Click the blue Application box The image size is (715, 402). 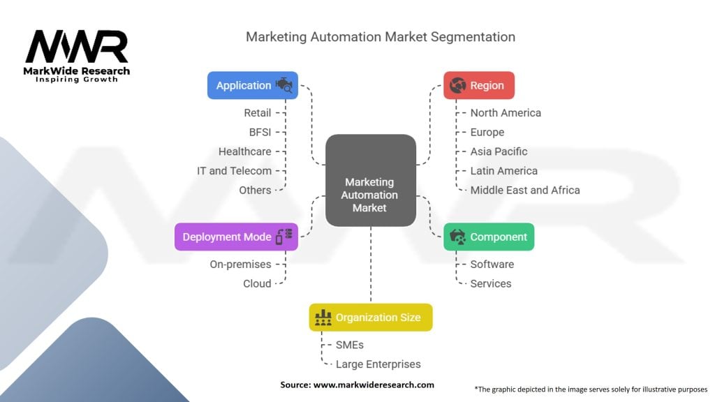[x=253, y=85]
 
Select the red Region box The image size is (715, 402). [x=479, y=85]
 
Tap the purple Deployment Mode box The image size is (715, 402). [x=236, y=237]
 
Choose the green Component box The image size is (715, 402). [x=489, y=237]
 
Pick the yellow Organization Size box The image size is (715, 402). [x=371, y=318]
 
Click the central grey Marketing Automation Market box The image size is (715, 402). [x=371, y=180]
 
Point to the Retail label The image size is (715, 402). [x=257, y=112]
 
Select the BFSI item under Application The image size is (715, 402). [x=260, y=132]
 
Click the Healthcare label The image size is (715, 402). [x=245, y=151]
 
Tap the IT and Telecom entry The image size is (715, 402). [x=235, y=171]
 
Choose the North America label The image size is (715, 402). [x=506, y=112]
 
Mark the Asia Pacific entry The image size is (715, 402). [x=499, y=151]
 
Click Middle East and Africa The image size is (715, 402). [x=525, y=190]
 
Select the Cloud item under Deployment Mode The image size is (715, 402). [x=257, y=283]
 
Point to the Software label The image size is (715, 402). [x=492, y=265]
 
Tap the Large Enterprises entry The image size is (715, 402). [x=378, y=364]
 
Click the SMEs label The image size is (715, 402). [x=350, y=345]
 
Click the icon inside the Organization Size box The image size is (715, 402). [x=323, y=318]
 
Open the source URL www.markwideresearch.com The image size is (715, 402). [x=374, y=385]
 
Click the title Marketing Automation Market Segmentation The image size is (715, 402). [x=381, y=37]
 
